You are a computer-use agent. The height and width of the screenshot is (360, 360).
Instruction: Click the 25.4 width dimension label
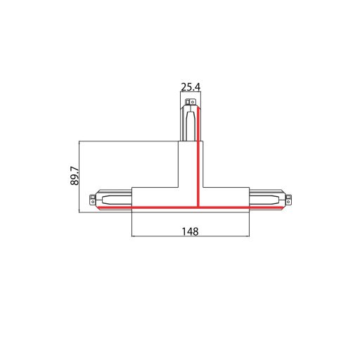coord(191,87)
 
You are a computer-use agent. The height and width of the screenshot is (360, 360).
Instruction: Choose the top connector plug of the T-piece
coord(190,122)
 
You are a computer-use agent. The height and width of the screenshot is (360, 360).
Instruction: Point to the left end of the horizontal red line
coord(99,208)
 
